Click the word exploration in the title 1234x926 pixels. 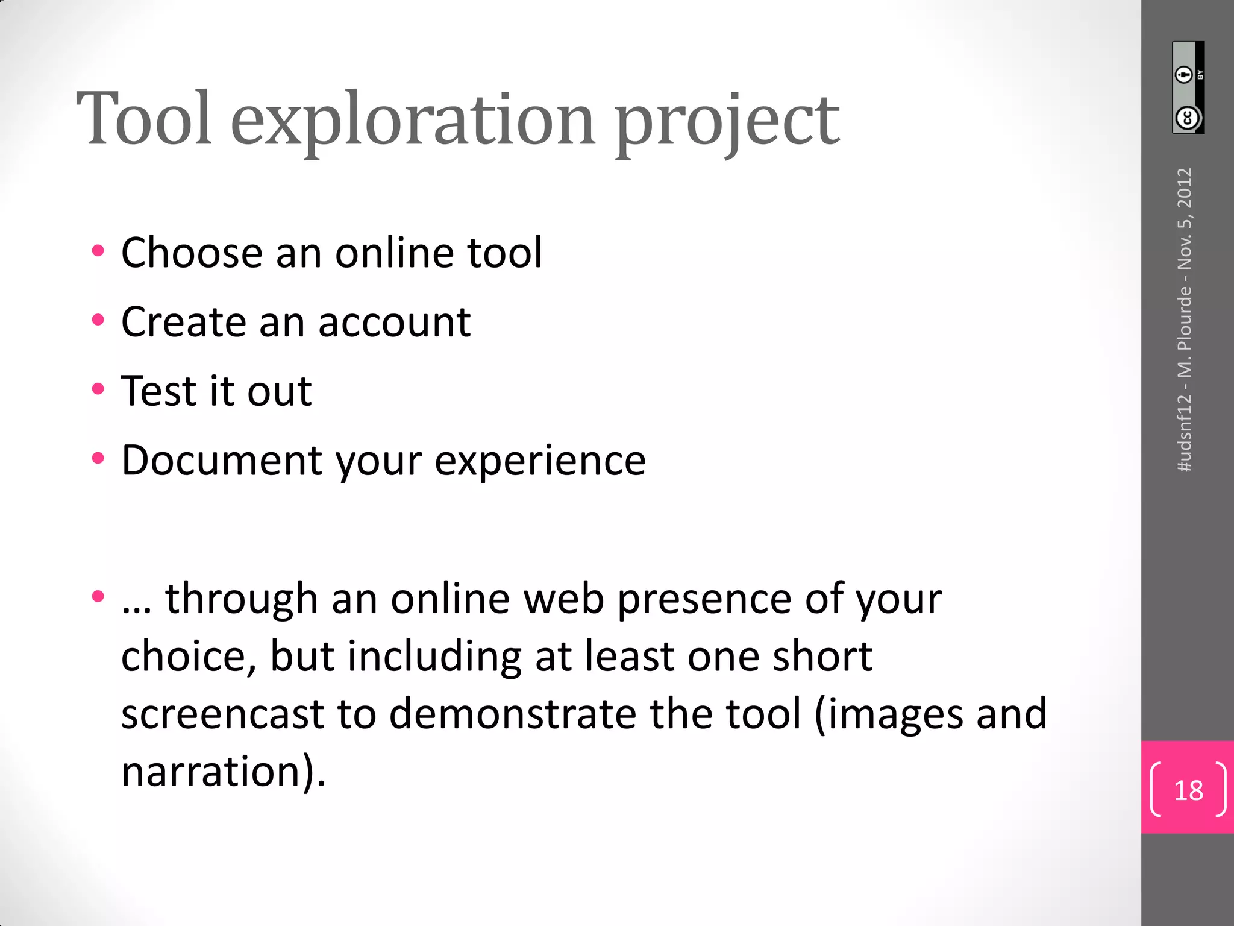[413, 121]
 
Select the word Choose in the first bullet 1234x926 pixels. [192, 252]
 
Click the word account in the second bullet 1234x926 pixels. [394, 322]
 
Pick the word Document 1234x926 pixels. [221, 460]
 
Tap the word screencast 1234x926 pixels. [223, 714]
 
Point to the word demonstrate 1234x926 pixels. [512, 714]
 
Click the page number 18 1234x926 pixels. [1188, 790]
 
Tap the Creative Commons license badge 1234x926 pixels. [1188, 87]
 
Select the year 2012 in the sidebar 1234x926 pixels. [1185, 187]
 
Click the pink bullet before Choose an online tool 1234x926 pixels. [98, 251]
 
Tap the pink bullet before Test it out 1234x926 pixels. [98, 389]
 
